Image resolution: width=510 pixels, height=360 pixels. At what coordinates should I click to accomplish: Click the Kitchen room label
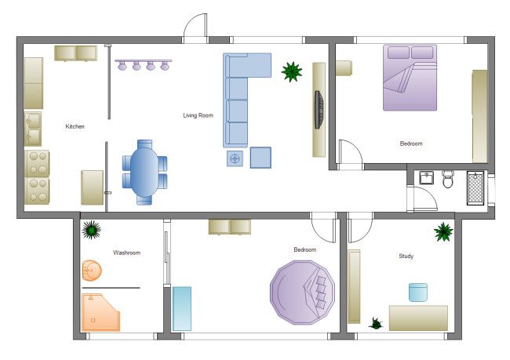pos(75,126)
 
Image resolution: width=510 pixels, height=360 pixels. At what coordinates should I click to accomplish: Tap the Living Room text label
pos(198,115)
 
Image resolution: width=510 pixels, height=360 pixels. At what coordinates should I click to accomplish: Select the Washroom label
pos(127,253)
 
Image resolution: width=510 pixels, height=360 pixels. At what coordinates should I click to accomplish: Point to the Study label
pos(406,256)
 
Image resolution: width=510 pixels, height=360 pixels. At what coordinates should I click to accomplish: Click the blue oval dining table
pos(144,173)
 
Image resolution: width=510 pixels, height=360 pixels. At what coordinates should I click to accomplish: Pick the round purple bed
pos(303,293)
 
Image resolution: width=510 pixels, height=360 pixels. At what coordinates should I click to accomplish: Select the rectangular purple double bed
pos(410,78)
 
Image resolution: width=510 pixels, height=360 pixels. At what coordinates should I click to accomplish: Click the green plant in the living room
pos(292,72)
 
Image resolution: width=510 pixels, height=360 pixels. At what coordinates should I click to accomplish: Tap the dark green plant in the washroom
pos(91,230)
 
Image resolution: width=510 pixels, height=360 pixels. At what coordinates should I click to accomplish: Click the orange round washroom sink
pos(92,271)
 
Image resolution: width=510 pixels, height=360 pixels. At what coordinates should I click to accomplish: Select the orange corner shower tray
pos(100,312)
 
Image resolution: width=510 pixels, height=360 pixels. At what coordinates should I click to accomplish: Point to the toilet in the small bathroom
pos(448,179)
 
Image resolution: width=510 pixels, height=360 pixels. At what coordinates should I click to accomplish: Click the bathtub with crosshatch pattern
pos(475,188)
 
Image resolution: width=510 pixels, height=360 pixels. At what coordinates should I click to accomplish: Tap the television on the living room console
pos(319,110)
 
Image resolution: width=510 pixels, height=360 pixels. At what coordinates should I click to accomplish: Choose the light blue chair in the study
pos(418,293)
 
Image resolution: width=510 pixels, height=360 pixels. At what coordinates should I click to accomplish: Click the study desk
pos(418,318)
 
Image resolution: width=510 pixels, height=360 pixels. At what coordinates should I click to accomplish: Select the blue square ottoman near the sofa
pos(260,158)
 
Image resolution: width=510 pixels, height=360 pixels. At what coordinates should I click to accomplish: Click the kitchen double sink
pos(33,129)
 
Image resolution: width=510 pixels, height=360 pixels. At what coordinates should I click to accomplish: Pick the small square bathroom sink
pos(426,178)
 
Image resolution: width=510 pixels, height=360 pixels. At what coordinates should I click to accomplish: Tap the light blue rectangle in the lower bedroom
pos(182,308)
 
